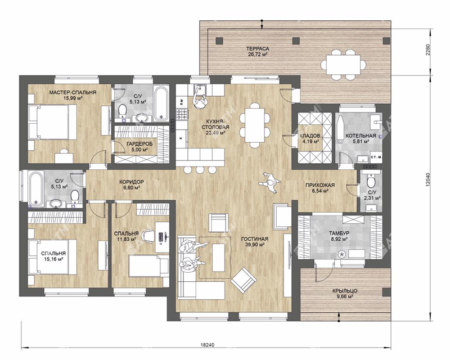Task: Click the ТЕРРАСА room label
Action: (258, 48)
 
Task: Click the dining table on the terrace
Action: (343, 64)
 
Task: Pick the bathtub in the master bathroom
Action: (160, 103)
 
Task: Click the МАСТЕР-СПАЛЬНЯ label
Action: (73, 92)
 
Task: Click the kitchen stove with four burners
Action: (182, 115)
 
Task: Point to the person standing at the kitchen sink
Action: (200, 99)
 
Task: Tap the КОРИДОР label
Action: (132, 182)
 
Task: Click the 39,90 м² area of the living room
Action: (255, 244)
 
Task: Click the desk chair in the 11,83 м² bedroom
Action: (148, 236)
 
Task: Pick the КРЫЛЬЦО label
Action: (345, 291)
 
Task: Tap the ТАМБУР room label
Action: (339, 233)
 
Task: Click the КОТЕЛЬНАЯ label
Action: (361, 136)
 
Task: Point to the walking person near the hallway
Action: (269, 183)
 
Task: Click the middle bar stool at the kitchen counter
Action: (200, 170)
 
